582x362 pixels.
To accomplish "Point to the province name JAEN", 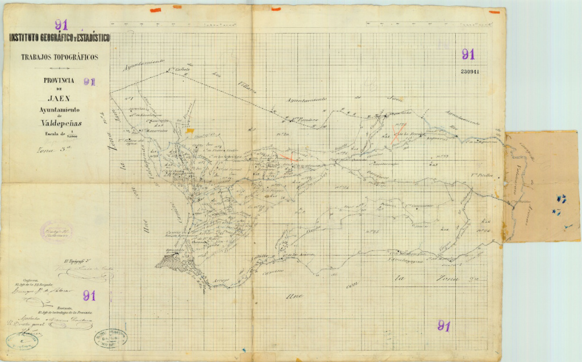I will pyautogui.click(x=59, y=98).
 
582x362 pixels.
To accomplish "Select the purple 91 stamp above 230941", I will pyautogui.click(x=468, y=55).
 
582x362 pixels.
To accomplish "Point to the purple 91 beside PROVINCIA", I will pyautogui.click(x=89, y=82).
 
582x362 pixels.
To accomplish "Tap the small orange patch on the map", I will pyautogui.click(x=189, y=131).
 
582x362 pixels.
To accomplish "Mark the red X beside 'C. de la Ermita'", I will pyautogui.click(x=394, y=134).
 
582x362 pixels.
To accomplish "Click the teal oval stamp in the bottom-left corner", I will pyautogui.click(x=22, y=340).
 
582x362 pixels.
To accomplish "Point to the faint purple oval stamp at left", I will pyautogui.click(x=56, y=232).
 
